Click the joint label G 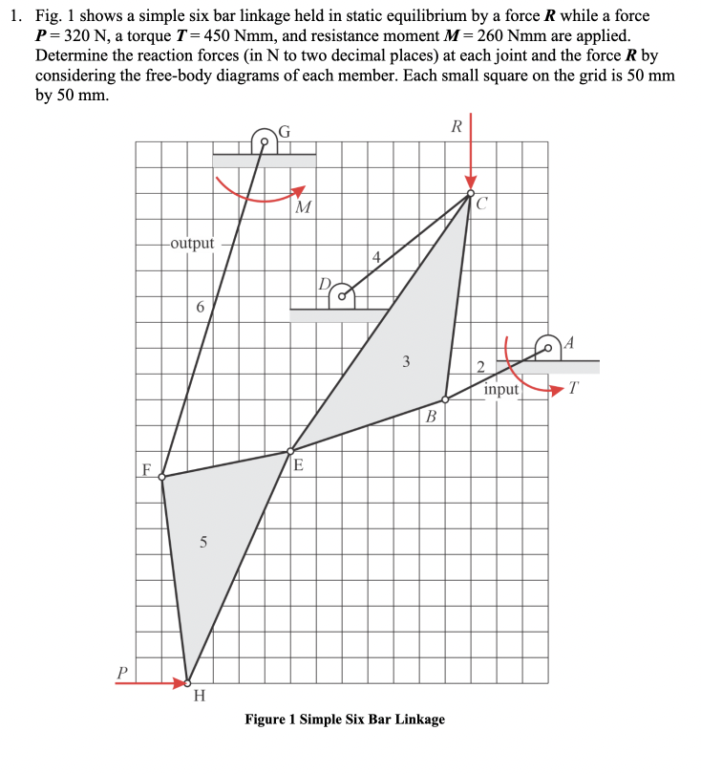point(284,134)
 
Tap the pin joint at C point(470,194)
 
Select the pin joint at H point(187,683)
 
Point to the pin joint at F point(161,476)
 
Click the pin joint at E point(291,451)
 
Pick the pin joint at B point(445,400)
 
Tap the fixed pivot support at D point(341,298)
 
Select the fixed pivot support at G point(264,143)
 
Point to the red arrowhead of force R point(470,182)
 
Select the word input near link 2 point(500,389)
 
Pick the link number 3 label point(407,362)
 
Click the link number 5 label point(202,542)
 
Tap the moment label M point(303,207)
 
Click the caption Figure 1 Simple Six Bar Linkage point(345,719)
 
